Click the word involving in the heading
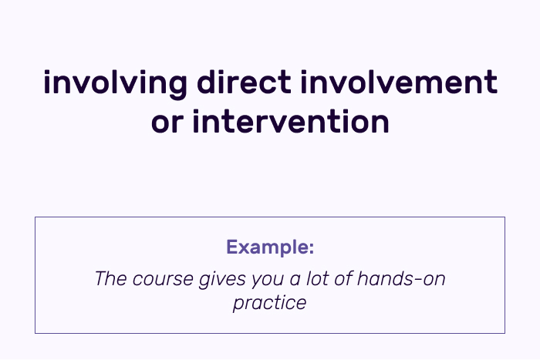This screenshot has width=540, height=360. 115,84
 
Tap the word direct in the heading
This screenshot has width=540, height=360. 245,82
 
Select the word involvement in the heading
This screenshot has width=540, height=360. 399,82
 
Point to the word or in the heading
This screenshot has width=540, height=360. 167,123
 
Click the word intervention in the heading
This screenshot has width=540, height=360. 291,121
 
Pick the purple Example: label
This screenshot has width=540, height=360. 270,247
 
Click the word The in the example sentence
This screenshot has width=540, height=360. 111,278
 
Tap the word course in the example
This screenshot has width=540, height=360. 163,281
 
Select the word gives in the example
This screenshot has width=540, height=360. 222,280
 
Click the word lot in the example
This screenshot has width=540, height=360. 318,278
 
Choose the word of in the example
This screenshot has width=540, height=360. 343,278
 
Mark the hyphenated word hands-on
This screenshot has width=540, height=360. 401,278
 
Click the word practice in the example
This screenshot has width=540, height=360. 270,304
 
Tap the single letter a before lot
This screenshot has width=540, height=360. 295,281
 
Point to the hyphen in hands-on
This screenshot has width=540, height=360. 418,280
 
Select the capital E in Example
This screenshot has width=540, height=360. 231,247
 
